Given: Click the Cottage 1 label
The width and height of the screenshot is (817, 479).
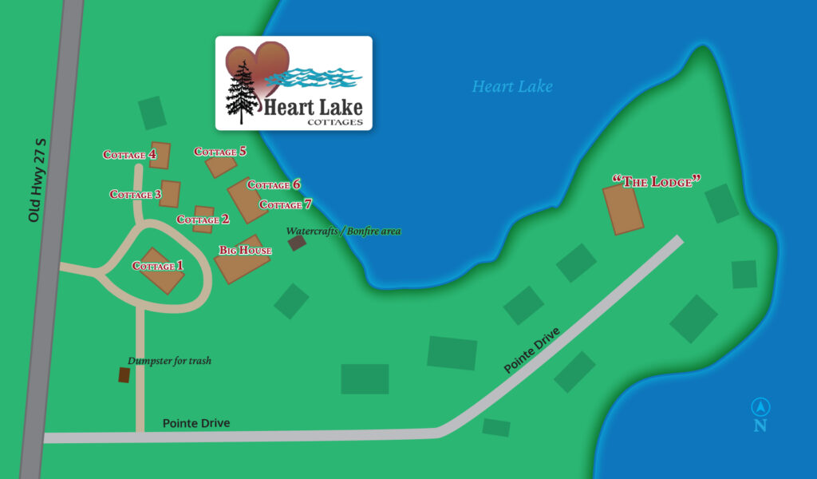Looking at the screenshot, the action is [157, 266].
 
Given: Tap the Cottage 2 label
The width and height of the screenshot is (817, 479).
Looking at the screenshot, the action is [203, 220].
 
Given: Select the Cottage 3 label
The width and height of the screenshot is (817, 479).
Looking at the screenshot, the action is [136, 194].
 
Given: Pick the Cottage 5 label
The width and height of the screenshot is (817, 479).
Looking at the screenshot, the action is [220, 152].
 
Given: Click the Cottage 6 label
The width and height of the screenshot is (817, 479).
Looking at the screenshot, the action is [274, 184].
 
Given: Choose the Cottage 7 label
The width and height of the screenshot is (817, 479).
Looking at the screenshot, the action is [286, 204].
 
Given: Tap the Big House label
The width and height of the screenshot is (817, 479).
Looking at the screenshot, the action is [245, 250].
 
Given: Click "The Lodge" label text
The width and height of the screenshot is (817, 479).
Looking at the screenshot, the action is [656, 181].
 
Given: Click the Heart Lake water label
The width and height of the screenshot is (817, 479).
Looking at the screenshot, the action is [511, 86].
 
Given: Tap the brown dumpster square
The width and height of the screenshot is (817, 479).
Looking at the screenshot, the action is [124, 374].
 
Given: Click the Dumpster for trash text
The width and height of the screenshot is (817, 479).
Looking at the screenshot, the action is [169, 361].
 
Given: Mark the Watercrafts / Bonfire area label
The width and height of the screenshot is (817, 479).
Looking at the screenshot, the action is [343, 231].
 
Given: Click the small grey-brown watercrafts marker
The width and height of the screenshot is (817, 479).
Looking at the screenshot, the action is [297, 242].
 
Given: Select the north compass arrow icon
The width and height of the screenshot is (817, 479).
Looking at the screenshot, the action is [760, 406].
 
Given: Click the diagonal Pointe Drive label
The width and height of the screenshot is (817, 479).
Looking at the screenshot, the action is [532, 350].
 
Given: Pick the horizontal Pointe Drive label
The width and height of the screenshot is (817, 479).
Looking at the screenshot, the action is [196, 423].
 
